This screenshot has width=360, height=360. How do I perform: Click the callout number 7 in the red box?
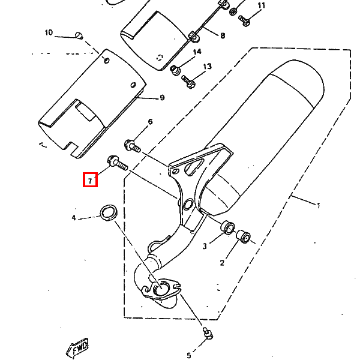coord(90,181)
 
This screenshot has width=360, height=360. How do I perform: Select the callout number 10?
coord(49,32)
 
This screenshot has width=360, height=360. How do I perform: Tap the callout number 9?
coord(162,98)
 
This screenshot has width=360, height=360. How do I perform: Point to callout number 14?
coord(197,52)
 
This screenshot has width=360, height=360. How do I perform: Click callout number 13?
coord(208,67)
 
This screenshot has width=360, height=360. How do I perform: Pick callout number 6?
coord(150,122)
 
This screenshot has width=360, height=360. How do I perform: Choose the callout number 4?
coord(74,218)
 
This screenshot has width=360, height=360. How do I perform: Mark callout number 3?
coord(205,247)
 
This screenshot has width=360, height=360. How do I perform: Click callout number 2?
coord(222,263)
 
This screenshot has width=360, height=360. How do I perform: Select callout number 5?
coord(189,356)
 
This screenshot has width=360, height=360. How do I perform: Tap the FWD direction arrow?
coord(77,348)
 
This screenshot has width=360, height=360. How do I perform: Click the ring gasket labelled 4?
coord(109,213)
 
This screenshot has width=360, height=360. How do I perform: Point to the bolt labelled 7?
coord(118,163)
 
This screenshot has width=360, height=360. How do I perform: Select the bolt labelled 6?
coord(133,146)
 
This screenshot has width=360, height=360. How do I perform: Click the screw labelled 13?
coord(189,82)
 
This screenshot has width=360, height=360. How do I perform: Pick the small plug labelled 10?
coord(79,35)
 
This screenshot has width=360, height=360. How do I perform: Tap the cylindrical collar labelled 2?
coord(244,236)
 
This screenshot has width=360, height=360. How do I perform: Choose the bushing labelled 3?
coord(228,227)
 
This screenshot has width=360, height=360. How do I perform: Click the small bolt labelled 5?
coord(208,333)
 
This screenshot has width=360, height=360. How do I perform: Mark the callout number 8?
coord(223,36)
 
